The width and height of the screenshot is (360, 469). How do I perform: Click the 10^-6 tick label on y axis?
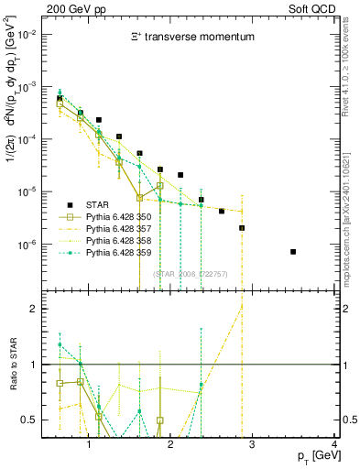click(26, 245)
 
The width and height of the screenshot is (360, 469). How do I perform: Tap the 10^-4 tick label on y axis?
click(26, 139)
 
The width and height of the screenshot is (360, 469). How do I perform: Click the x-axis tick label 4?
click(335, 444)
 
